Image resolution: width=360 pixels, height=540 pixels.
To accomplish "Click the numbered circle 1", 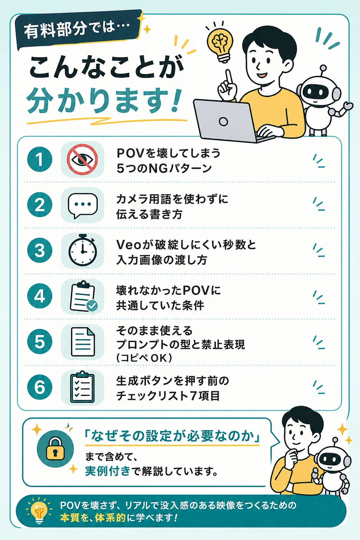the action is [x=39, y=159].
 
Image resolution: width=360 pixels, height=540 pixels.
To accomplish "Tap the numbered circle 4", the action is [x=39, y=296].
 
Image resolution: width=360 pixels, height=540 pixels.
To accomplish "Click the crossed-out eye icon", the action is [x=82, y=159].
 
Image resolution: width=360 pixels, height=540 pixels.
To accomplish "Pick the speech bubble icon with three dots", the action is [x=83, y=205].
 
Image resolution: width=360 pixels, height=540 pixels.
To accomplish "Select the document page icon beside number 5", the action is [x=83, y=342].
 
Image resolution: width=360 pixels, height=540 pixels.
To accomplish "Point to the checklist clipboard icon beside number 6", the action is [x=82, y=387].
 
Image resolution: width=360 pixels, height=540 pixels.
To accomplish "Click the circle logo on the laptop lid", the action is [x=223, y=121].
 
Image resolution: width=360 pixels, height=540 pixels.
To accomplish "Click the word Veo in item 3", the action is [x=129, y=245].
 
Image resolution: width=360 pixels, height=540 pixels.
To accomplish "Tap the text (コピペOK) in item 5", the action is [x=144, y=358].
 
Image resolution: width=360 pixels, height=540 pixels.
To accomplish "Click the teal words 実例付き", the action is [x=108, y=471].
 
